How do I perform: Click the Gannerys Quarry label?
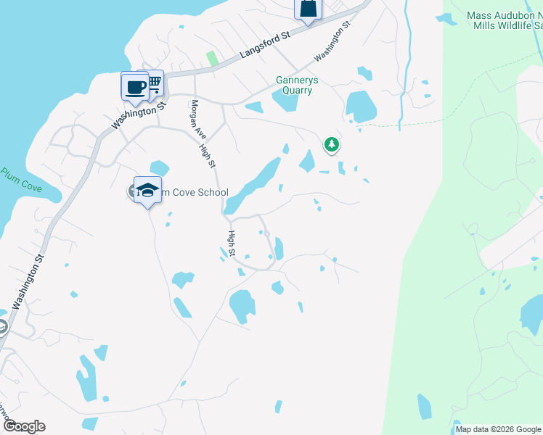[x=294, y=85]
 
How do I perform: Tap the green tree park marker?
[x=332, y=145]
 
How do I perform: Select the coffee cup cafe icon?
[x=134, y=88]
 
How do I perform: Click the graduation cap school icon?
[x=147, y=191]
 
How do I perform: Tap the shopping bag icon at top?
[x=307, y=9]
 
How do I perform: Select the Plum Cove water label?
[x=21, y=181]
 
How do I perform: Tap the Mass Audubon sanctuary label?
[x=505, y=20]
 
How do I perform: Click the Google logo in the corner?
[x=25, y=426]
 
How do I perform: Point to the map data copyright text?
[x=498, y=429]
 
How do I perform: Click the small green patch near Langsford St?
[x=212, y=57]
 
